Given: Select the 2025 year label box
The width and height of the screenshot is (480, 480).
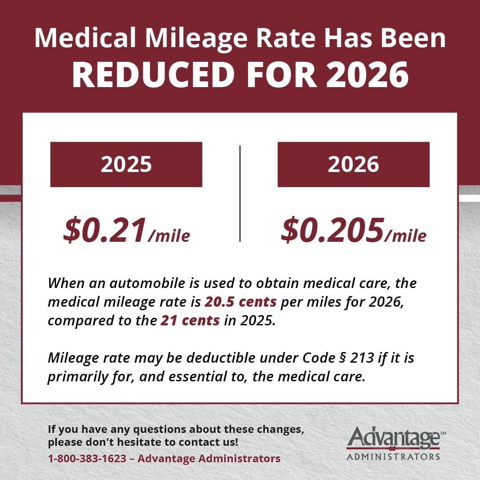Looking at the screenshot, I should [x=126, y=164].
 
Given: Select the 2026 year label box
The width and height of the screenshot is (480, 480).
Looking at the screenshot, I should [x=353, y=164].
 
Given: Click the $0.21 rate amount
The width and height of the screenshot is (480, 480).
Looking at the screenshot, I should [x=105, y=230].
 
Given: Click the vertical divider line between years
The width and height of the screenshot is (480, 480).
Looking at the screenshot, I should [x=240, y=193].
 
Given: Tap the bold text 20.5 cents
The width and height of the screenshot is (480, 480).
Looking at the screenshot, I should [x=240, y=302].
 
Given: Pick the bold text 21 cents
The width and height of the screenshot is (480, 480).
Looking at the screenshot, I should [x=190, y=321].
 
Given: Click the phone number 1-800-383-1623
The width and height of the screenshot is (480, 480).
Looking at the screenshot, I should [x=87, y=458].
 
